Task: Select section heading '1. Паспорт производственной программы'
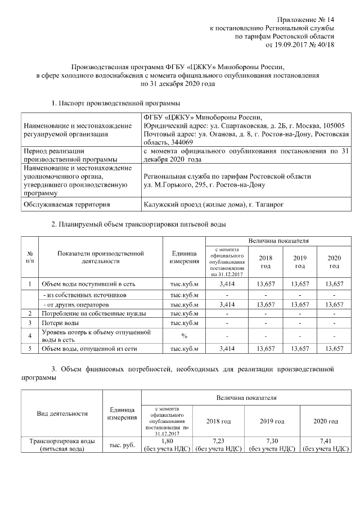115,103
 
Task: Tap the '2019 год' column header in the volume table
300,262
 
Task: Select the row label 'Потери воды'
60,323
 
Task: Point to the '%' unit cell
184,336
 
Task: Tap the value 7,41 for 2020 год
326,441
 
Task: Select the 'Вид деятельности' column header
62,413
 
